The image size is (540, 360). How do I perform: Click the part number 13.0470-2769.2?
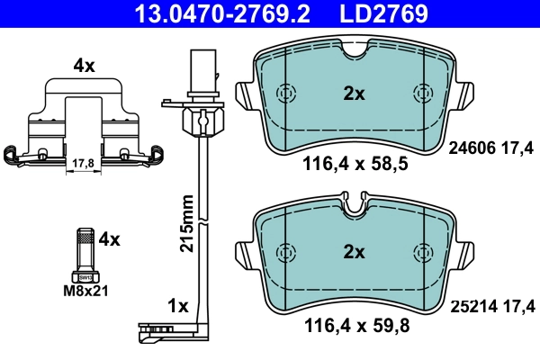click(210, 13)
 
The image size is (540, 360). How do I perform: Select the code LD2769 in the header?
click(382, 13)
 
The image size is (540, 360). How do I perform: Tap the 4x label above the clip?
click(83, 65)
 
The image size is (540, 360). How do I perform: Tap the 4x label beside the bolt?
click(109, 239)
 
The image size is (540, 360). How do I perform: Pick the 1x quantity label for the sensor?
click(178, 306)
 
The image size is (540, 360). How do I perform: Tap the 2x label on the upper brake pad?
click(354, 93)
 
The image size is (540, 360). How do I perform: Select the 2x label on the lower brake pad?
click(354, 253)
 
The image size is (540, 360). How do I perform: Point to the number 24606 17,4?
click(491, 152)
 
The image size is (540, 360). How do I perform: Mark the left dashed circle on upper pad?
click(286, 94)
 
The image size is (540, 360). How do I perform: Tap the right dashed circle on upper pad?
click(421, 94)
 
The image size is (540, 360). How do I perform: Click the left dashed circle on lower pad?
click(286, 253)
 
